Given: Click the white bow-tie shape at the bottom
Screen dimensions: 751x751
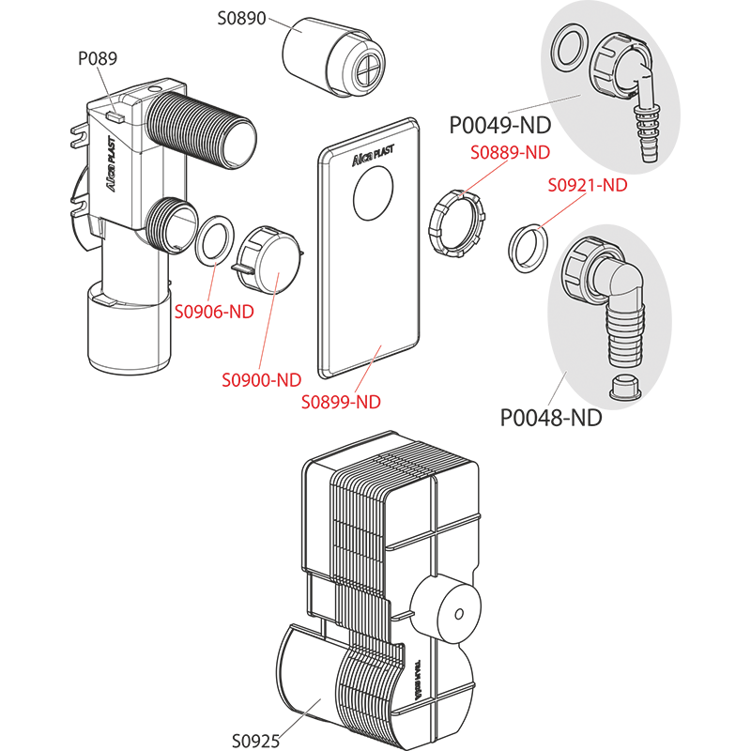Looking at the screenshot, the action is tap(303, 711).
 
